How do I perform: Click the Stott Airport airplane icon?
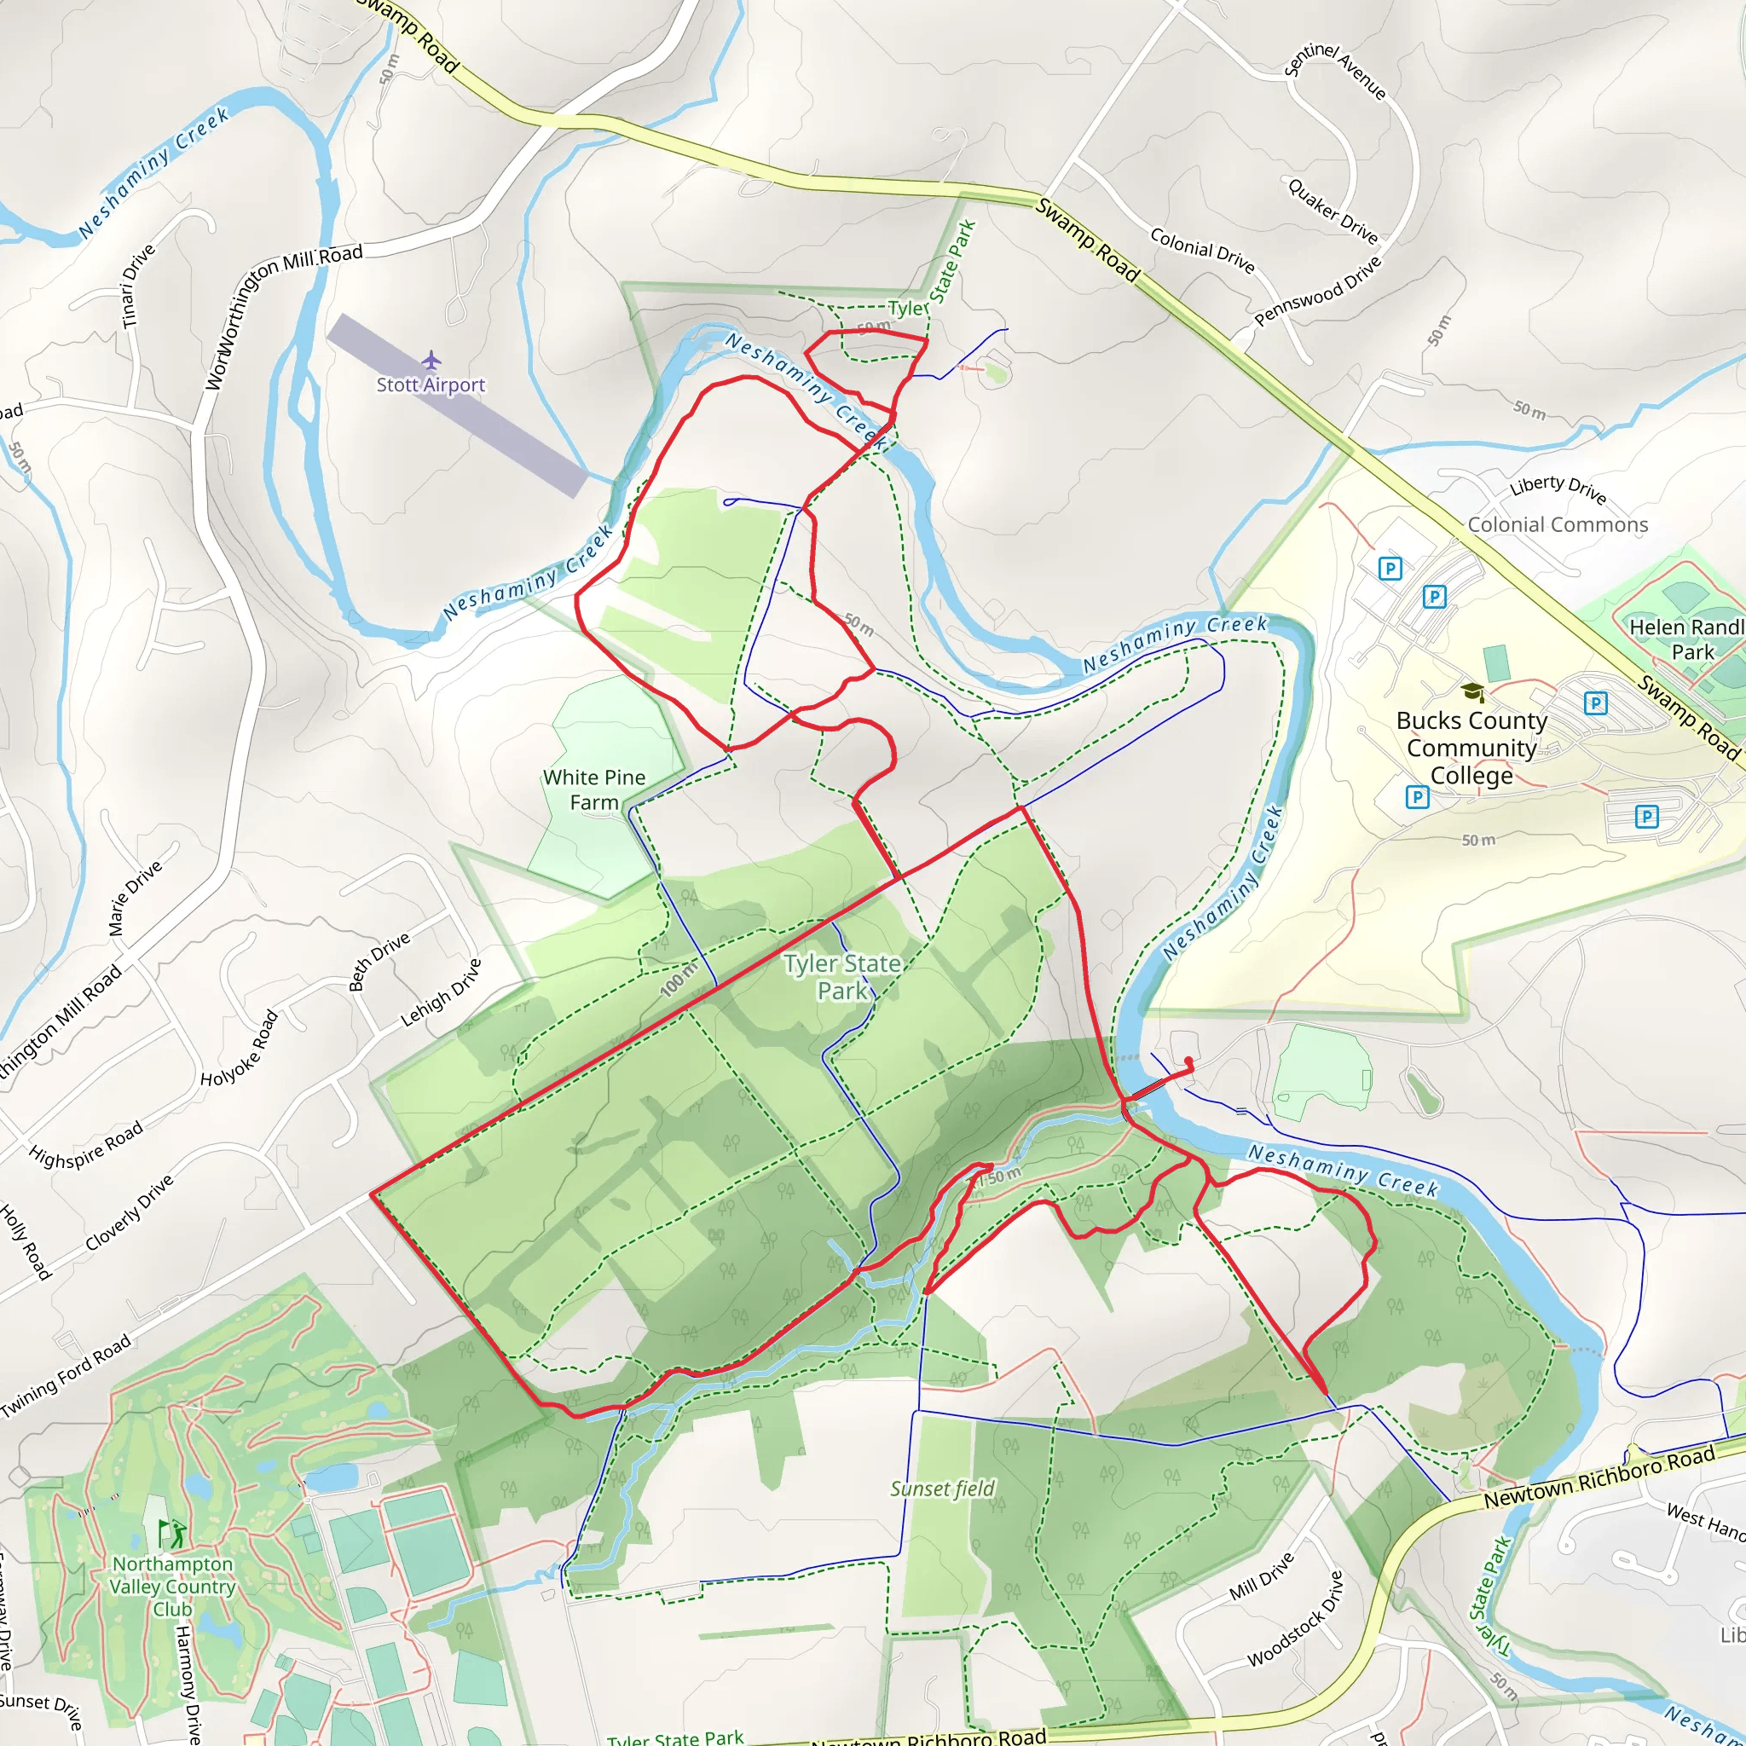coord(431,361)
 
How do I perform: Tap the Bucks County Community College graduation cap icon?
coord(1472,692)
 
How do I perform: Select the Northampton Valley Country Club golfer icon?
coord(171,1533)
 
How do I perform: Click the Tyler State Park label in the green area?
coord(842,977)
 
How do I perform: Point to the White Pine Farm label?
coord(593,789)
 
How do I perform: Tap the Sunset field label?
coord(942,1489)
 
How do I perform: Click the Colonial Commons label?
coord(1557,525)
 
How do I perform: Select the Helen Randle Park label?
coord(1686,639)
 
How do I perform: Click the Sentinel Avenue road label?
coord(1335,71)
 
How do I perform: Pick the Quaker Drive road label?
coord(1333,211)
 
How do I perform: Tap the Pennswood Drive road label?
coord(1318,291)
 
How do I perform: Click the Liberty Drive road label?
coord(1557,489)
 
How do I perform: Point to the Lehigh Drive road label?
coord(441,992)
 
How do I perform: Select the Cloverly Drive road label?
coord(130,1213)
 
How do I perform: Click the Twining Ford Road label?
coord(66,1374)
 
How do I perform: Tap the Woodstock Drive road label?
coord(1296,1619)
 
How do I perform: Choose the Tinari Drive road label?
coord(138,286)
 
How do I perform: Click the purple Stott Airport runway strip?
coord(457,404)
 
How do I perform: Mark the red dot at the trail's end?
coord(1188,1061)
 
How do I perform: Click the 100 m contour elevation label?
coord(679,979)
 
